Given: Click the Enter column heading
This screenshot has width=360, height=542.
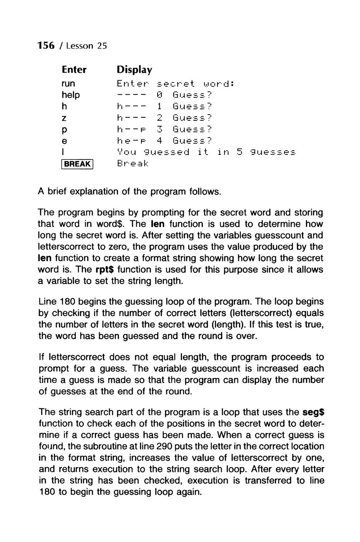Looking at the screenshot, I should pyautogui.click(x=74, y=70).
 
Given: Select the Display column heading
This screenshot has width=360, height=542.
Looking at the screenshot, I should pyautogui.click(x=134, y=70).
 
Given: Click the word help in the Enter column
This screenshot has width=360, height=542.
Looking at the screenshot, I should pyautogui.click(x=70, y=95).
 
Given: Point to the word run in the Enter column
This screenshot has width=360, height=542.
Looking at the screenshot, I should pyautogui.click(x=68, y=84).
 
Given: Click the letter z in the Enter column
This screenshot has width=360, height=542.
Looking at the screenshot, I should pyautogui.click(x=63, y=118).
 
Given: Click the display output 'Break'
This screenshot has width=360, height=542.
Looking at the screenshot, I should pyautogui.click(x=132, y=164).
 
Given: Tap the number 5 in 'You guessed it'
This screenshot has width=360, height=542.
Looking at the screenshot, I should pyautogui.click(x=240, y=152).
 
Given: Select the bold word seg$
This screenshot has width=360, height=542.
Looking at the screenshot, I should pyautogui.click(x=314, y=412).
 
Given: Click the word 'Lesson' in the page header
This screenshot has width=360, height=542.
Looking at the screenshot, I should pyautogui.click(x=80, y=46).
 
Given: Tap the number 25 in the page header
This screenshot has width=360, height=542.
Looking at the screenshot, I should pyautogui.click(x=101, y=46).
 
